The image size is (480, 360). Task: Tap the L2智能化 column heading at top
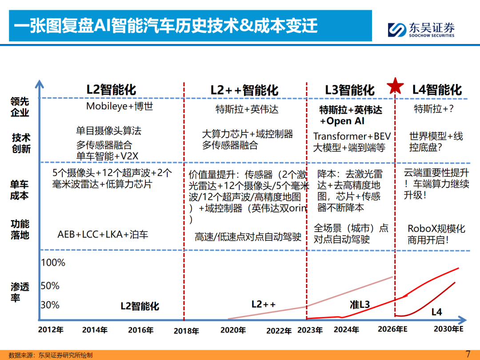111,90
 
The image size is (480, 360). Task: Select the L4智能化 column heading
437,90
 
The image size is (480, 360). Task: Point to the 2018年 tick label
186,331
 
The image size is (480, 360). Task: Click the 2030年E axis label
448,329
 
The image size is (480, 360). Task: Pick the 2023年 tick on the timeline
310,330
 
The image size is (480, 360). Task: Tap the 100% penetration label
53,263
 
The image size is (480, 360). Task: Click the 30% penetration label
50,305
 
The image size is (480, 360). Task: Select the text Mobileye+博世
120,107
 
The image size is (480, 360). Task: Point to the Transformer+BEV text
352,136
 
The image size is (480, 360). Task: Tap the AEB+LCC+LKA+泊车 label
103,234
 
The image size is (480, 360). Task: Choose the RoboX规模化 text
436,229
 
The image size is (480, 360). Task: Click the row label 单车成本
20,190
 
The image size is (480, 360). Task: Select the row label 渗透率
20,292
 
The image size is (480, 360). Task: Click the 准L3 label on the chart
360,304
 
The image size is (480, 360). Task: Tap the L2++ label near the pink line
264,304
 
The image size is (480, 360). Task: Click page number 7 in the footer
467,354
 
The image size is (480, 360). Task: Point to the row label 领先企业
20,107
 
